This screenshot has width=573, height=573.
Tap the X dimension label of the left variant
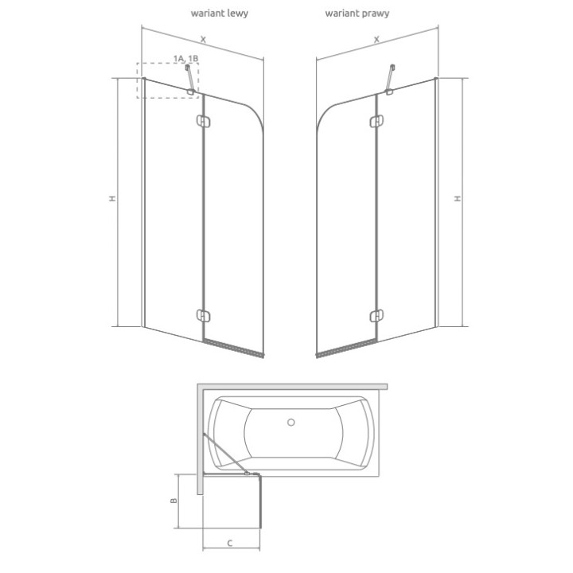point(203,38)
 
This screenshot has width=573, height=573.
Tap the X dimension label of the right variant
point(376,38)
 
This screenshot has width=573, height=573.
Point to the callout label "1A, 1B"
point(185,58)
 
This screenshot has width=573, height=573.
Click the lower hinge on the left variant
point(202,314)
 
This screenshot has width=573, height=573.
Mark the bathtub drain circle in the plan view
point(290,423)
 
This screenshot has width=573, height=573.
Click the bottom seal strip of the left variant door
point(233,348)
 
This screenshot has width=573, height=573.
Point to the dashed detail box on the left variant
point(167,80)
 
